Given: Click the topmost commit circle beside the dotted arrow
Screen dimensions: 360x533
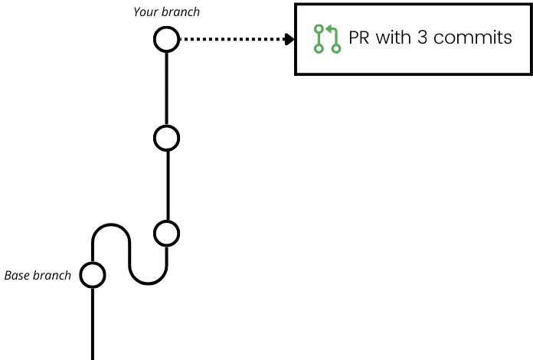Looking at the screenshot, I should point(166,39).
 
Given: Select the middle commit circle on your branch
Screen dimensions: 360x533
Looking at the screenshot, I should point(166,138).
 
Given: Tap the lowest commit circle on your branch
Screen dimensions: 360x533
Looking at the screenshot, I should point(166,232).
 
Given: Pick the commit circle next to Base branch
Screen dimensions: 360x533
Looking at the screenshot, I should point(93,274).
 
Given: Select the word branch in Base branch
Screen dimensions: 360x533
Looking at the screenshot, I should point(53,275).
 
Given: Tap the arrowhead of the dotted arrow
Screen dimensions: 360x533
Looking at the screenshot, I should point(290,39).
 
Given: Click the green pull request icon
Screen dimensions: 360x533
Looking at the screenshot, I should point(327,39).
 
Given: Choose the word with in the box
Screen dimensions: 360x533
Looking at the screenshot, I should point(394,38).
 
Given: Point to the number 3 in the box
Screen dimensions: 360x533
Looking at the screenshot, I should point(423,38).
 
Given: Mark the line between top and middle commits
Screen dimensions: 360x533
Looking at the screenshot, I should point(166,88).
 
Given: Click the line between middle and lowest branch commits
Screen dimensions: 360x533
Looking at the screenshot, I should point(166,185).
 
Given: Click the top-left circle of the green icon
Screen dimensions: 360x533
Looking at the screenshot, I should point(319,29).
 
